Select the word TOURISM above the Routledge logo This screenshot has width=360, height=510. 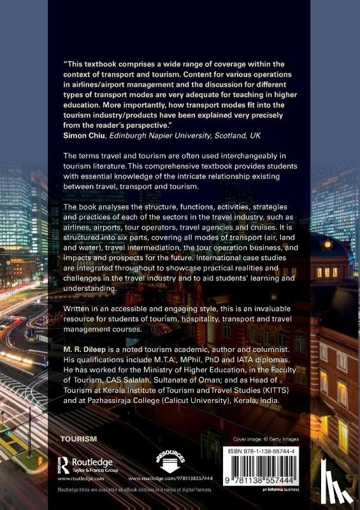pos(78,439)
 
